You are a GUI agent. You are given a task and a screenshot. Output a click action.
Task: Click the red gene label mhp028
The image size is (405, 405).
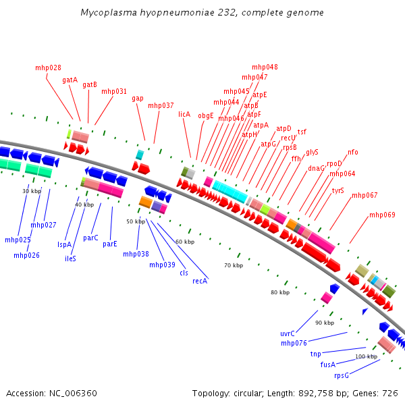[x=48, y=67]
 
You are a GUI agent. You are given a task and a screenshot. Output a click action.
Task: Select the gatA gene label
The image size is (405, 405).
[x=70, y=80]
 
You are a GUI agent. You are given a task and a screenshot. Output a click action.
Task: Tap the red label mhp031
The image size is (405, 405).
[x=114, y=91]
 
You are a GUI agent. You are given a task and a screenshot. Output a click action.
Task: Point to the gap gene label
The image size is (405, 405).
[x=138, y=98]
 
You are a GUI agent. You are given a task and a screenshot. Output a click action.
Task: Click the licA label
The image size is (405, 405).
[x=184, y=115]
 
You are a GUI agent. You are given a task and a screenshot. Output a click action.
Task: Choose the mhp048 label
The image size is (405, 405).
[x=265, y=67]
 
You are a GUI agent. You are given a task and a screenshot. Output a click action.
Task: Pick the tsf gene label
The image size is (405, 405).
[x=302, y=132]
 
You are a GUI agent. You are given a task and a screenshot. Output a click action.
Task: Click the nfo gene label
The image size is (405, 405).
[x=353, y=152]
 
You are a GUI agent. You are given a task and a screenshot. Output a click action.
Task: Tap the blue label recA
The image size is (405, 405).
[x=200, y=281]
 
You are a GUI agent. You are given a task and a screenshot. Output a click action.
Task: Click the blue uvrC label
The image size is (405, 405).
[x=288, y=333]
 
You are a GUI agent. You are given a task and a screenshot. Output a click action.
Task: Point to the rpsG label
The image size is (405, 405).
[x=342, y=375]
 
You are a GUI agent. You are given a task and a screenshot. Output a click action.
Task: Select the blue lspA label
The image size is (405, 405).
[x=64, y=244]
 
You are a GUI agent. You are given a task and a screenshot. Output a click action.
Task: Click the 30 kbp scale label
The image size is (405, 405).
[x=32, y=191]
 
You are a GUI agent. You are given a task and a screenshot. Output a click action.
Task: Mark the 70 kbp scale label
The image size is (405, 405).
[x=234, y=265]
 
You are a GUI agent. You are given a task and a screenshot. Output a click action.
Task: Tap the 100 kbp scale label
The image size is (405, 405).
[x=366, y=356]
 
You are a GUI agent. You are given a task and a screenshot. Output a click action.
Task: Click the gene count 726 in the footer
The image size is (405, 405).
[x=390, y=393]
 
